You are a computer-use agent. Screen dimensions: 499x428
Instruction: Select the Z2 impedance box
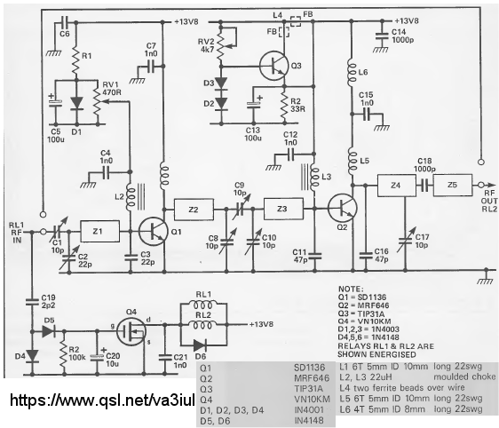click(x=194, y=210)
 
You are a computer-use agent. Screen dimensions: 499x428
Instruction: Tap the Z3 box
click(x=283, y=209)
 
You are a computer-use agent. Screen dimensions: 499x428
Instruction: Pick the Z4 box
click(x=397, y=186)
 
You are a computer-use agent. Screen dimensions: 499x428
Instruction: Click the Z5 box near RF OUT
click(x=453, y=185)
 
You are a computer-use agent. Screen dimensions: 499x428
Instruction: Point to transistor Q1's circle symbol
click(x=153, y=232)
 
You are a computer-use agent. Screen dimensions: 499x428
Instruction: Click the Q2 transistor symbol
click(x=343, y=209)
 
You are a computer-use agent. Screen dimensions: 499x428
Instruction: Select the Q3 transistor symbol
click(x=273, y=66)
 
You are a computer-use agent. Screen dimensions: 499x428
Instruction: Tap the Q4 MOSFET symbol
click(x=131, y=331)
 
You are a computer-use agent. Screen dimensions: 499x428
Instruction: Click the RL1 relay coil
click(x=203, y=305)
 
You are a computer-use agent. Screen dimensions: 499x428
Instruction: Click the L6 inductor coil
click(x=352, y=72)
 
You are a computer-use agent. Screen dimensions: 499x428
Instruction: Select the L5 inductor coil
click(x=352, y=162)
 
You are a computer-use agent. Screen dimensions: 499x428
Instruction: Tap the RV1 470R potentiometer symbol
click(x=97, y=102)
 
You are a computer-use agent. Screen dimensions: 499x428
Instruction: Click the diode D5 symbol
click(x=48, y=331)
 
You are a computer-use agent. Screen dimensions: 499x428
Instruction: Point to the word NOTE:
click(x=351, y=289)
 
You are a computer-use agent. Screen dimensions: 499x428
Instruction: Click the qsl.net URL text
click(x=102, y=400)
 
